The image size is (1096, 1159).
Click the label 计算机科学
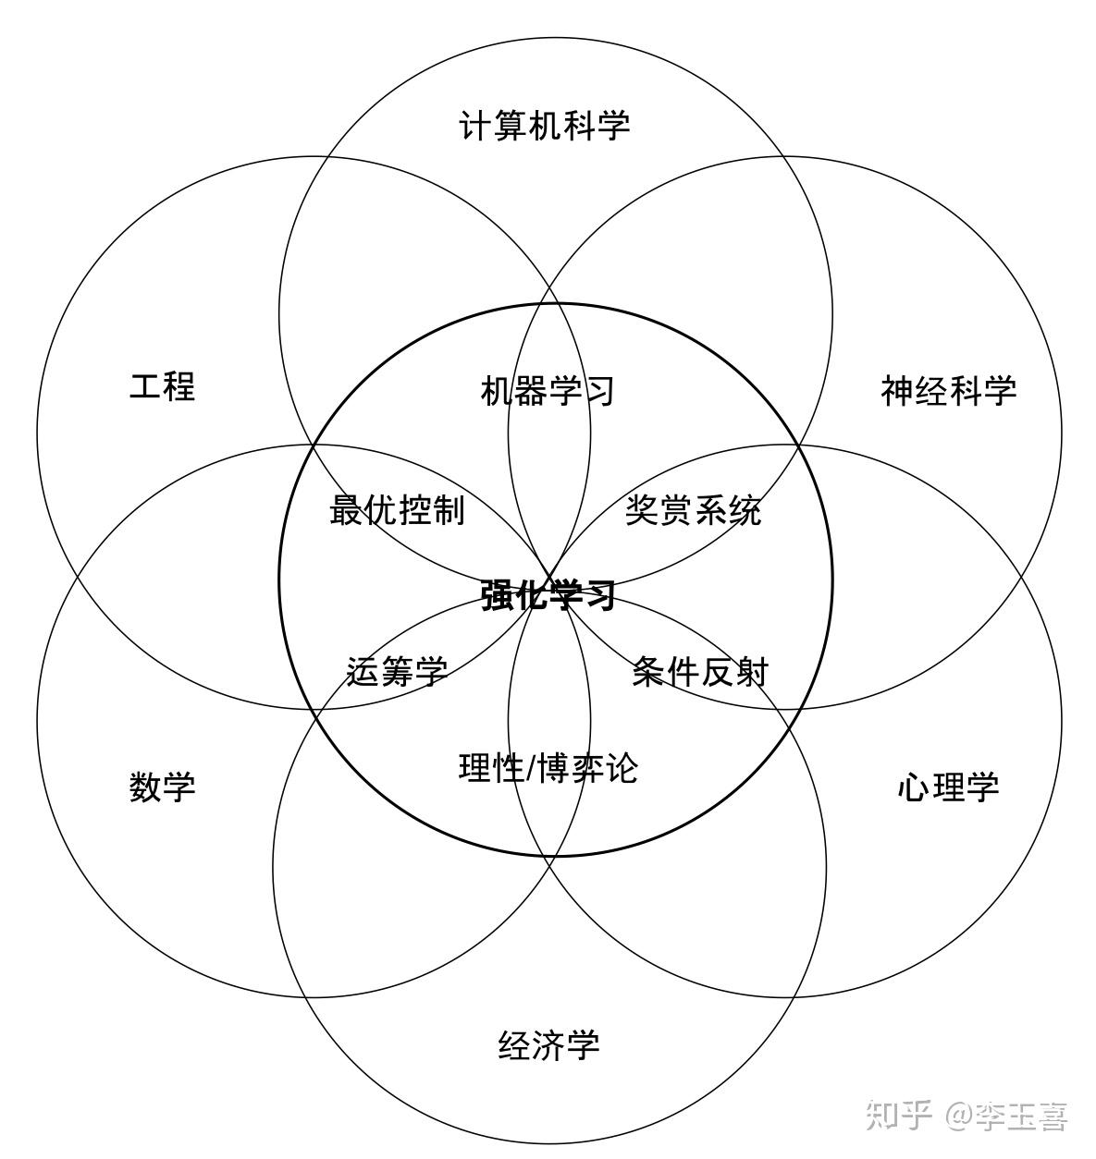pyautogui.click(x=545, y=125)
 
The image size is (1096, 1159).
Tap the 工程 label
pyautogui.click(x=163, y=386)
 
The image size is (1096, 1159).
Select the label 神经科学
pyautogui.click(x=948, y=391)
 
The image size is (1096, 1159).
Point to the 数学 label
pyautogui.click(x=163, y=787)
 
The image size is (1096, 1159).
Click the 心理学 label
pyautogui.click(x=948, y=787)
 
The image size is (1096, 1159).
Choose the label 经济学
pyautogui.click(x=548, y=1045)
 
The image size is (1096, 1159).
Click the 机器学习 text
pyautogui.click(x=548, y=391)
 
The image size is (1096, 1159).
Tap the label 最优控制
pyautogui.click(x=397, y=510)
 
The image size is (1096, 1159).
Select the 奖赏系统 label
pyautogui.click(x=693, y=510)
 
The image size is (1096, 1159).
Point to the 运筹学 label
pyautogui.click(x=397, y=672)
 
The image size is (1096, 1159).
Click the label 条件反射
pyautogui.click(x=700, y=672)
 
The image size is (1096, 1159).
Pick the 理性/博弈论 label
pyautogui.click(x=548, y=767)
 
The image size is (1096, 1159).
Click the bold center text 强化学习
pyautogui.click(x=548, y=595)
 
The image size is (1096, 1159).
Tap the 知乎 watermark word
pyautogui.click(x=898, y=1116)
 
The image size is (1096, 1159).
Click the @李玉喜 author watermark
pyautogui.click(x=1006, y=1116)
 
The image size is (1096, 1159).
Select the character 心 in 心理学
pyautogui.click(x=914, y=787)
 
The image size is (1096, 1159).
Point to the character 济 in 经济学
pyautogui.click(x=548, y=1045)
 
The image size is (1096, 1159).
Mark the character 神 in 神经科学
pyautogui.click(x=897, y=391)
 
